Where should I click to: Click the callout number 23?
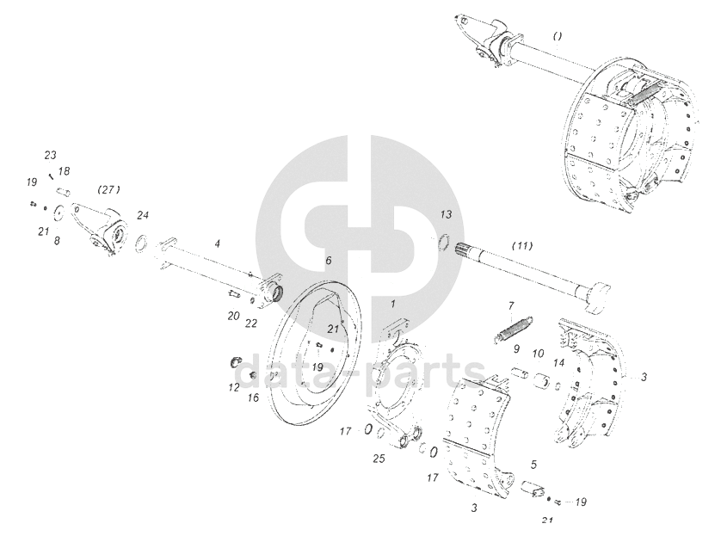(50, 156)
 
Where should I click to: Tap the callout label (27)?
(109, 189)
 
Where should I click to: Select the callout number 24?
(143, 215)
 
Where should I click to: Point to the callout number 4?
(218, 243)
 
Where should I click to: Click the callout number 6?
(329, 261)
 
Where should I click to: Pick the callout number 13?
(446, 214)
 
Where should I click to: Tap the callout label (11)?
(522, 246)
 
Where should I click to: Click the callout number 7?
(511, 305)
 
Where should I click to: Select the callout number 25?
(379, 459)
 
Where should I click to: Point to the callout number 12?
(234, 387)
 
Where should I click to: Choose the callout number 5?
(533, 465)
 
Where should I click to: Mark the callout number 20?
(233, 316)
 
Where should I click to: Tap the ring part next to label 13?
(445, 242)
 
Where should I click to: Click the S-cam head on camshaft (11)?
(598, 299)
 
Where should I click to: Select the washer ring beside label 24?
(142, 243)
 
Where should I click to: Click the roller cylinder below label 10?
(543, 381)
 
